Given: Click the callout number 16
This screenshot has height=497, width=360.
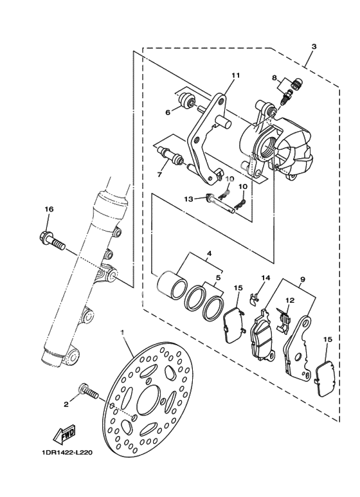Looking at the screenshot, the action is pos(49,209).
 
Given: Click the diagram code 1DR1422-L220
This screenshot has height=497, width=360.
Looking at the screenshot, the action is pos(67,453).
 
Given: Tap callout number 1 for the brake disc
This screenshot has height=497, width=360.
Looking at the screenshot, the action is pos(122,332).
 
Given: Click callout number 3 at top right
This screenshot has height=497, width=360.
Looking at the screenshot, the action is pos(314,46).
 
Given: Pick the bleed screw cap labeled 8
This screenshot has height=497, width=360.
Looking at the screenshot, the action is pos(297,84).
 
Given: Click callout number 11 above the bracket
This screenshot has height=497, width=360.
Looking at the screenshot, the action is pos(235,75).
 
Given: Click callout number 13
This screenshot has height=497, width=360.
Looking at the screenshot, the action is pos(188,199).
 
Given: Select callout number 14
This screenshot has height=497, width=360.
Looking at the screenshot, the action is pos(266,278).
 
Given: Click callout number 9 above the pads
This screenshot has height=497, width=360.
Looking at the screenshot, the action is pos(302,279).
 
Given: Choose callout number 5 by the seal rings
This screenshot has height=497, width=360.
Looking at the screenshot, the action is pos(218,278).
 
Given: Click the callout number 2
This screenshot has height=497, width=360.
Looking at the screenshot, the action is pos(66,404).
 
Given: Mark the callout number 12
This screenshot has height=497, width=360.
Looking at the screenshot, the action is pos(290,300).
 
